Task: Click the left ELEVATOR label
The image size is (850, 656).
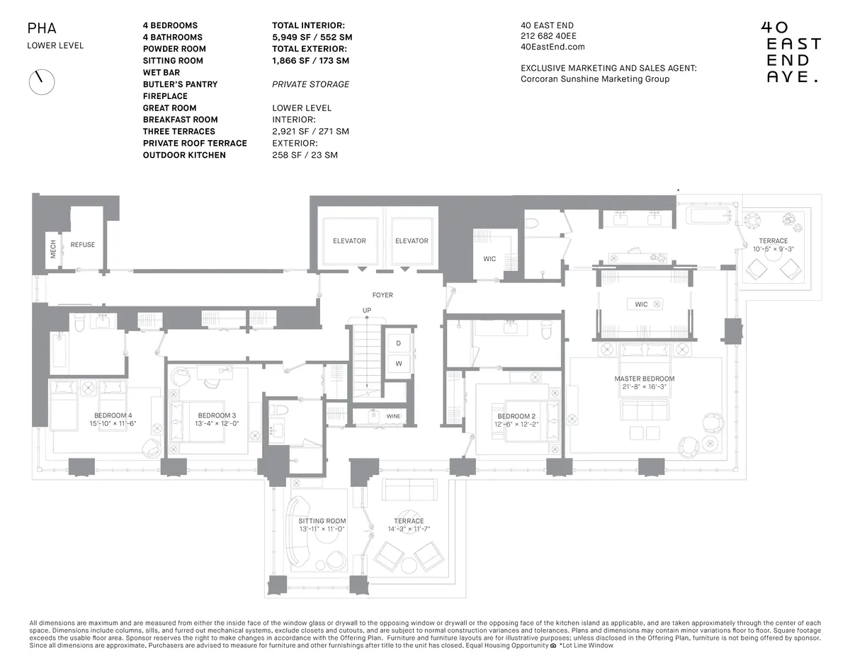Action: [x=349, y=241]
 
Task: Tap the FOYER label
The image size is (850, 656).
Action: [x=382, y=295]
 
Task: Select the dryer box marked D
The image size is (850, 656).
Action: [x=398, y=343]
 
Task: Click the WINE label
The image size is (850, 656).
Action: [x=393, y=417]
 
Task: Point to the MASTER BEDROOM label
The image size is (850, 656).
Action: [x=644, y=379]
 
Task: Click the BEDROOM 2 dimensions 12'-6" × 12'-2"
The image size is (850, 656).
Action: [x=517, y=424]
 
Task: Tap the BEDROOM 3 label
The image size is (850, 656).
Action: [x=217, y=415]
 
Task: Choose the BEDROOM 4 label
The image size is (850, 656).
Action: [x=113, y=415]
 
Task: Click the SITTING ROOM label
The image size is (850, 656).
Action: [x=322, y=521]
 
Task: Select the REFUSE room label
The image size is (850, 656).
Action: [x=82, y=245]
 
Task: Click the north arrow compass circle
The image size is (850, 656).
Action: [x=41, y=81]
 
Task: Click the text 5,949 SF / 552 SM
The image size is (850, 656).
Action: [x=312, y=37]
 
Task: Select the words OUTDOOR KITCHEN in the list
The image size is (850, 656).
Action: [x=184, y=155]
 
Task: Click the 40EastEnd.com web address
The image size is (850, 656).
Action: [x=552, y=47]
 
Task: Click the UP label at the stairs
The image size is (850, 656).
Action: [x=367, y=311]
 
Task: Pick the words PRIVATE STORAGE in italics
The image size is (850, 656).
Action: [x=310, y=84]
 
